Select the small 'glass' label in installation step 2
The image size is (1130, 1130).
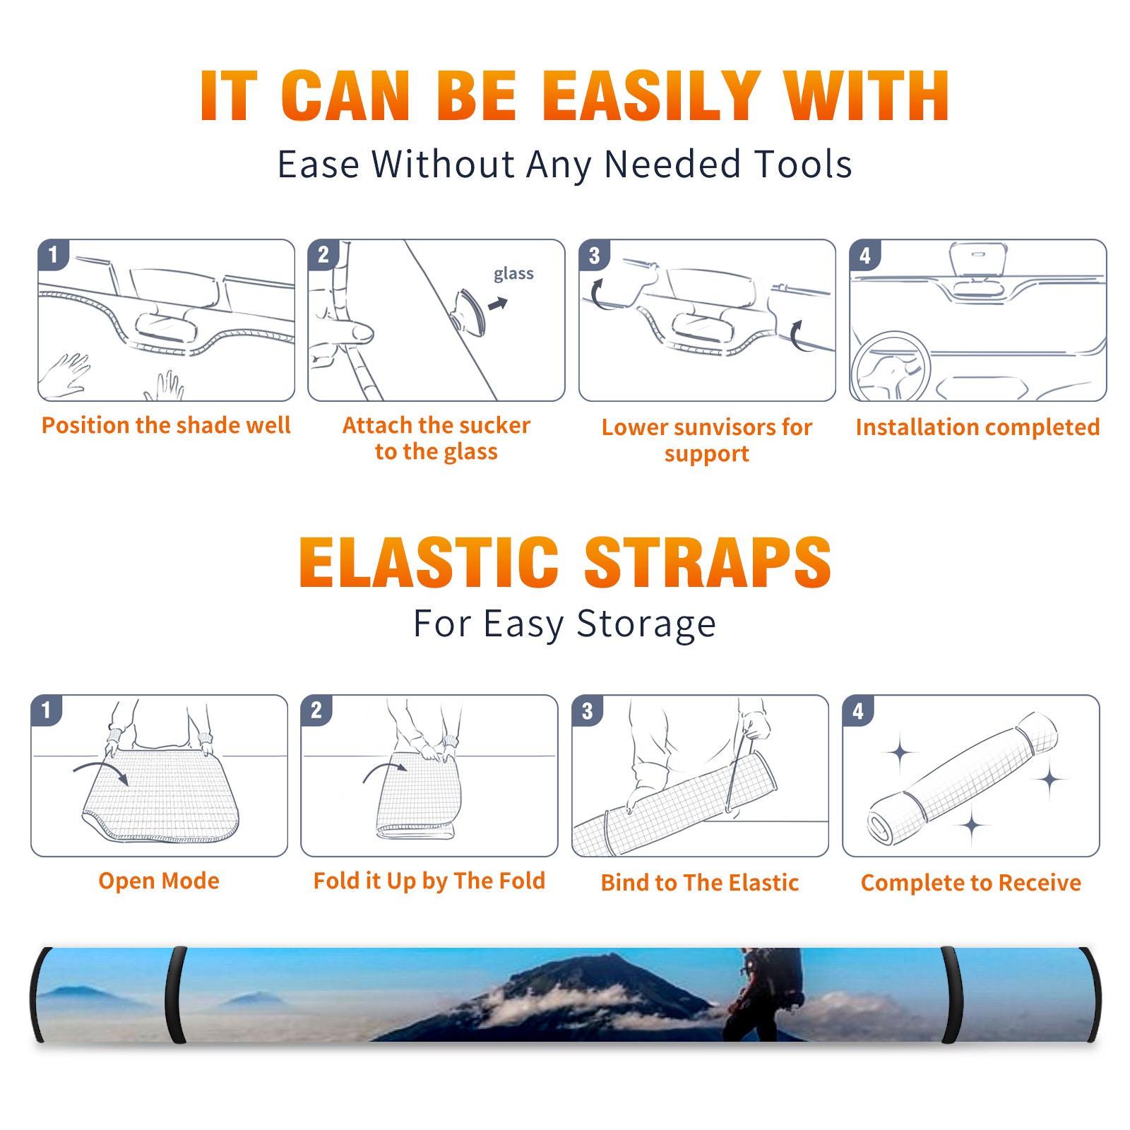513,274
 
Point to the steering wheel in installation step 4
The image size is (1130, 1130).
890,367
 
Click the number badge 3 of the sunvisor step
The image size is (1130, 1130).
594,255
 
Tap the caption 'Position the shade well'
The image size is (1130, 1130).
166,425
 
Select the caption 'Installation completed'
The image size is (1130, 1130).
977,427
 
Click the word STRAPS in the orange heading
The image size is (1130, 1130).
708,562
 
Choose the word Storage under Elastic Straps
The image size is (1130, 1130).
646,624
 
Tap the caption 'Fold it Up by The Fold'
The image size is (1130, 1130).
429,881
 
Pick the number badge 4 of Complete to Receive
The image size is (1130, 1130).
858,710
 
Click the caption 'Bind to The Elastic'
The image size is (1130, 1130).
700,883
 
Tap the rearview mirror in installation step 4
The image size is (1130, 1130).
978,259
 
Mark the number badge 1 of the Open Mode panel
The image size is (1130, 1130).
46,710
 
